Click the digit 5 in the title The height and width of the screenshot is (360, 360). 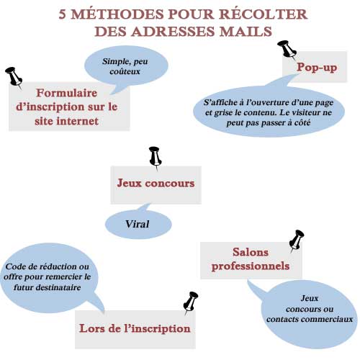coord(62,14)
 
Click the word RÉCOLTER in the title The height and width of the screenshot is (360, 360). coord(264,14)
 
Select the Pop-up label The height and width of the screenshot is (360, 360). coord(317,67)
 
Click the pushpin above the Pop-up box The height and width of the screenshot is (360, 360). coord(287,50)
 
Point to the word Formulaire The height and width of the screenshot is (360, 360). coord(67,93)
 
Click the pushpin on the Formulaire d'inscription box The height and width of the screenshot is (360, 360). coord(14,78)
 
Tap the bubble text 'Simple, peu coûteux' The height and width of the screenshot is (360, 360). coord(125,66)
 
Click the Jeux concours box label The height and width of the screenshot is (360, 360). coord(156,183)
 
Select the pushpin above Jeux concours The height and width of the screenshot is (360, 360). coord(155,158)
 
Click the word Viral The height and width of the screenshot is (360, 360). coord(137,224)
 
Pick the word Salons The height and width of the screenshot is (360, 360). coord(251,252)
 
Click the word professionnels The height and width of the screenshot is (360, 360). coord(251,266)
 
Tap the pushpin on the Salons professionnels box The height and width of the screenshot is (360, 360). coord(296,240)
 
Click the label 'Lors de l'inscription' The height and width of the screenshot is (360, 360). coord(135,328)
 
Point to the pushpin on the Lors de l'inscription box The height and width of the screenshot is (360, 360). coord(190,303)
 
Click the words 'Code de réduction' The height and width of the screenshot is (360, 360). coord(40,266)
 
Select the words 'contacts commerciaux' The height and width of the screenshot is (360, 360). coord(310,319)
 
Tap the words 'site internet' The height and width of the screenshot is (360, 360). coord(66,121)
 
